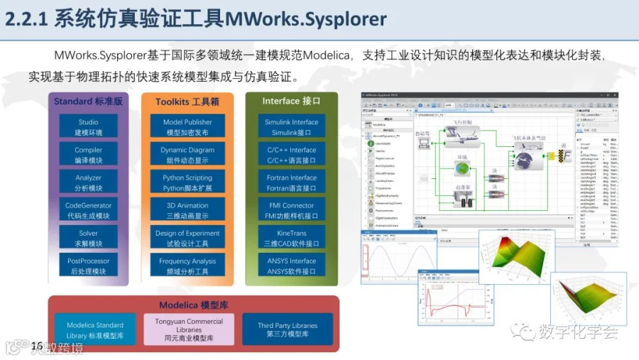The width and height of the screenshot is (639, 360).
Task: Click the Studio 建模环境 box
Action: [89, 127]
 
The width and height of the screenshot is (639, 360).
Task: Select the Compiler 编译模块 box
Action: [89, 155]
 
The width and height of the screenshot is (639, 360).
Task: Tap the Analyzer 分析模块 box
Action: [89, 182]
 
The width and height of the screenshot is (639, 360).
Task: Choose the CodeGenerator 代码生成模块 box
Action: [89, 210]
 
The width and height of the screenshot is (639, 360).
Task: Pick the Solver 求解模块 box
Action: [89, 238]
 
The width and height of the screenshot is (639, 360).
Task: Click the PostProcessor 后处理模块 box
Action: [89, 266]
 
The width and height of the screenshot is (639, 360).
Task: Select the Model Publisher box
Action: [187, 127]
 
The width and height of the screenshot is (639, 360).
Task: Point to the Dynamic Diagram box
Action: [187, 155]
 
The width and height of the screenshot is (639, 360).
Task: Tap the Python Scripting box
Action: [187, 182]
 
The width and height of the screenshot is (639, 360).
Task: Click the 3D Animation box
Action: [187, 210]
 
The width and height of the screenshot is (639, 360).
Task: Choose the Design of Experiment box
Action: [187, 238]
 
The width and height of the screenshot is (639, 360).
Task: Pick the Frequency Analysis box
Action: [187, 266]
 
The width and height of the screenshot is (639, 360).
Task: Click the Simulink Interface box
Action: [292, 127]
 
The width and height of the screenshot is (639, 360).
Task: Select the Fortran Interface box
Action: [292, 182]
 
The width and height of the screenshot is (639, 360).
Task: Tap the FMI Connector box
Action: [292, 210]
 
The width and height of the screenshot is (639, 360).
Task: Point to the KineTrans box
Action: [292, 238]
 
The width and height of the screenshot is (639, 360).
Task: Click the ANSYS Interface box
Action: [292, 266]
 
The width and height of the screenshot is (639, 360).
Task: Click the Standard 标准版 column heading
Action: [89, 102]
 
